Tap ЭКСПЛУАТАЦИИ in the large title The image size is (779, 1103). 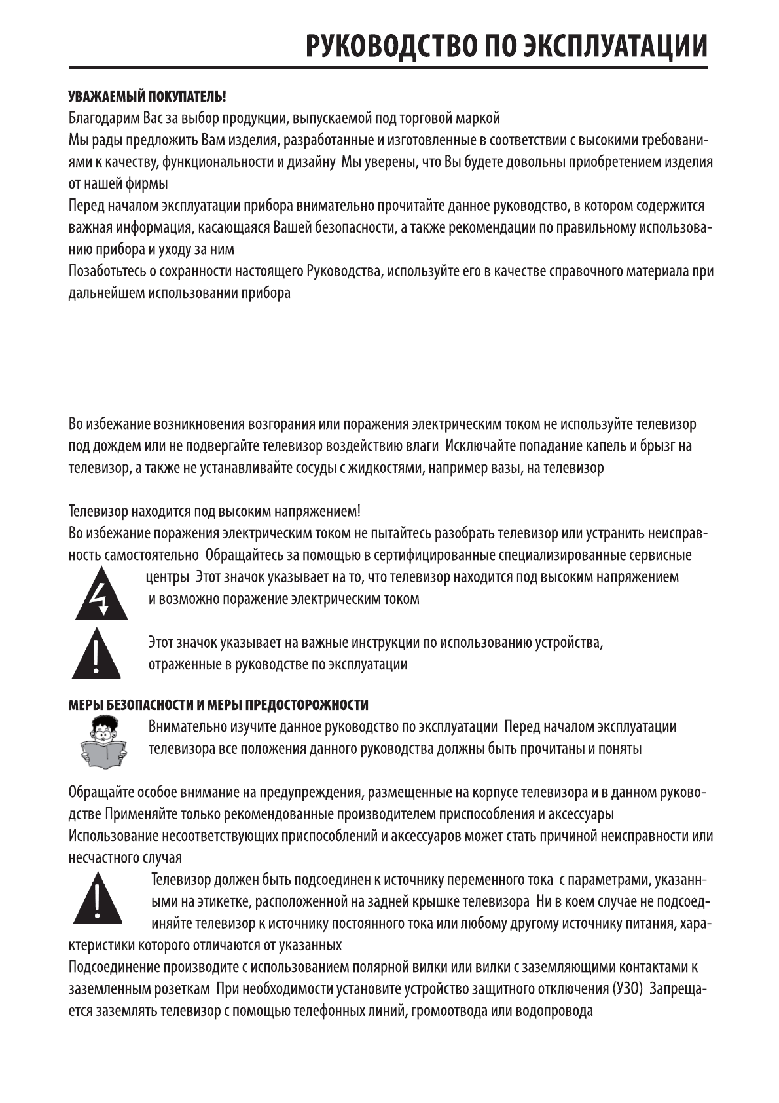tap(615, 48)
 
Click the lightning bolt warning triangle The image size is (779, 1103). tap(101, 597)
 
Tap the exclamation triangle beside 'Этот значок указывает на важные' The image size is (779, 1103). tap(96, 655)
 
